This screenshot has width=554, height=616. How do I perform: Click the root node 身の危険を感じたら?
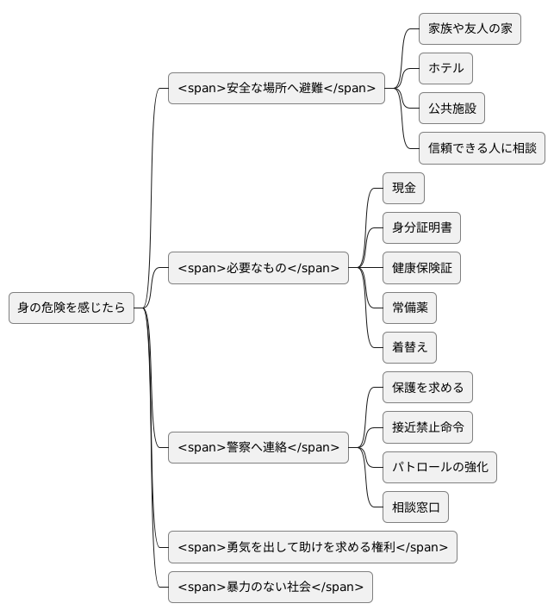[x=72, y=308]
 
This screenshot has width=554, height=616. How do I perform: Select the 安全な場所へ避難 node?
[x=277, y=88]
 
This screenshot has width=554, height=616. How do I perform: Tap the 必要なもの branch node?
[x=258, y=268]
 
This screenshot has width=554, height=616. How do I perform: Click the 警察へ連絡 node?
[x=258, y=447]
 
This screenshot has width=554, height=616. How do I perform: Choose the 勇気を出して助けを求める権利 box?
[x=312, y=547]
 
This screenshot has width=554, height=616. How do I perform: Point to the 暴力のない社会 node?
[x=271, y=587]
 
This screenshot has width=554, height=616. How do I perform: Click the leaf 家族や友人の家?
[x=470, y=28]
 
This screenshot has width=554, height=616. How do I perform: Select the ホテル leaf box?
[x=445, y=68]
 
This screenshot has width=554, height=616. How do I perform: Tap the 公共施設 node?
[x=451, y=109]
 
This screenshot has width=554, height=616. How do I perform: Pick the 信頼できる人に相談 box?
[x=482, y=148]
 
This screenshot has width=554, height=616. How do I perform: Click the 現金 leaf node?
[x=403, y=188]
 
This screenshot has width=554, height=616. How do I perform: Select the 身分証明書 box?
[x=421, y=227]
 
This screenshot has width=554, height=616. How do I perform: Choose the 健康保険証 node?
[x=421, y=268]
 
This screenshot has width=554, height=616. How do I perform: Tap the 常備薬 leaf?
[x=409, y=308]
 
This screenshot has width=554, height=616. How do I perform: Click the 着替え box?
[x=409, y=347]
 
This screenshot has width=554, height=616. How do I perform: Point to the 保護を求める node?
[x=427, y=388]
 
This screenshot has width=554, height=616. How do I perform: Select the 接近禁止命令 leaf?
[x=427, y=427]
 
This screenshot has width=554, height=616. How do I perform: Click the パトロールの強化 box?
[x=439, y=467]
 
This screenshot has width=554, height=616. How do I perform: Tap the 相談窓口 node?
[x=415, y=507]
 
